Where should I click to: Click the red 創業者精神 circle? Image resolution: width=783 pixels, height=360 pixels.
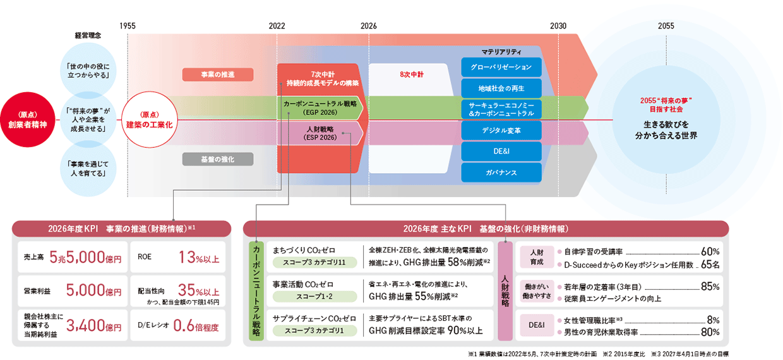[x=32, y=120]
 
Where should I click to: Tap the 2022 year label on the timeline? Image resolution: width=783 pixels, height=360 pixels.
[x=277, y=26]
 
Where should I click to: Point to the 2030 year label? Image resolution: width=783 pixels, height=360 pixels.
[x=558, y=26]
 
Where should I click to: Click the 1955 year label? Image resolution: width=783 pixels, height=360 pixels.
[x=127, y=26]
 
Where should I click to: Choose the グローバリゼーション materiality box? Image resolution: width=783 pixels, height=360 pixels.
[x=501, y=67]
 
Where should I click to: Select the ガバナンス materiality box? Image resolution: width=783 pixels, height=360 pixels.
[x=501, y=172]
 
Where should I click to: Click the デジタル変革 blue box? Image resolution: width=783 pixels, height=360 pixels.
[x=501, y=130]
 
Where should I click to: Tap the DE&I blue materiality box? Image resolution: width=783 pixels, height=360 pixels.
[x=501, y=151]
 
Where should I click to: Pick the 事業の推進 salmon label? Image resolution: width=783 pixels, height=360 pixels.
[x=218, y=75]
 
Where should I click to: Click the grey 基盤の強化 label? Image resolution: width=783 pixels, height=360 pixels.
[x=218, y=159]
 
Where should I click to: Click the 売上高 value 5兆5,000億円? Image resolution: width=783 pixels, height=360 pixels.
[x=85, y=257]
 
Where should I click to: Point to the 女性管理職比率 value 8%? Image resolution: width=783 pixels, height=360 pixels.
[x=714, y=320]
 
